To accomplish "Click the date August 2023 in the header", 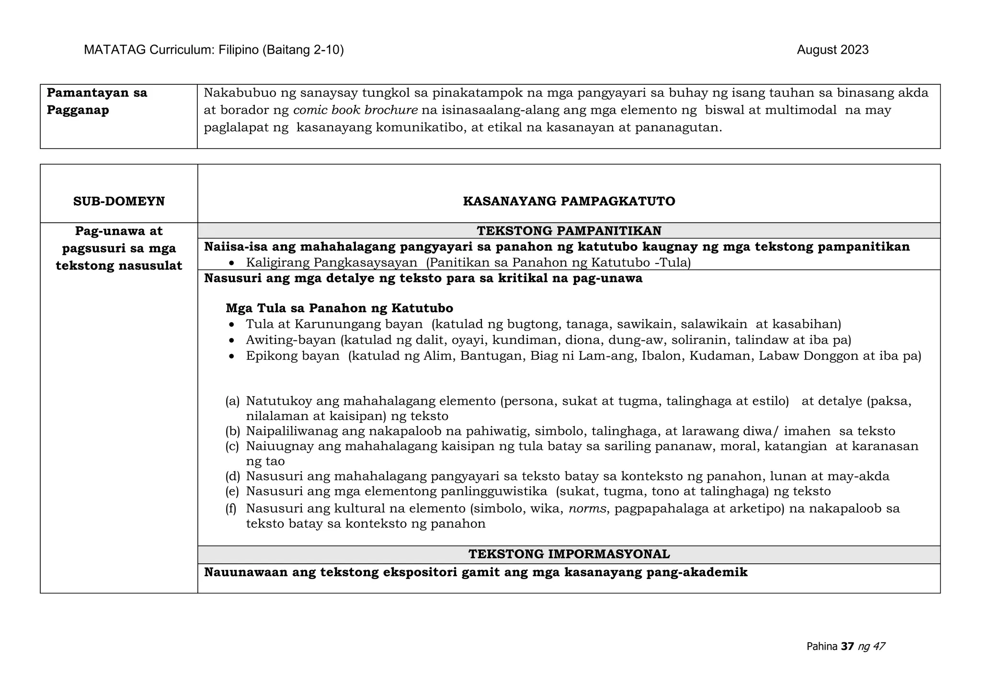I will click(x=833, y=50).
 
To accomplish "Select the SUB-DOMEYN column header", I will click(x=119, y=201).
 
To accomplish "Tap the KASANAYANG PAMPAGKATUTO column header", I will click(x=569, y=201).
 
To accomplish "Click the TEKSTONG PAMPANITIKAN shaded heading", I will click(x=569, y=231).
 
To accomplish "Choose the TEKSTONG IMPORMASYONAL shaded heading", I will click(x=569, y=554).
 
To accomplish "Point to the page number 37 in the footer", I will click(x=847, y=647).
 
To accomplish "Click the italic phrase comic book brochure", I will click(x=355, y=110).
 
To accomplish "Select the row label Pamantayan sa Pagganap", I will click(x=97, y=102).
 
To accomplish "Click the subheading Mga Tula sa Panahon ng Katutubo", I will click(x=339, y=307).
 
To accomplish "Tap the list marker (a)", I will click(x=232, y=401).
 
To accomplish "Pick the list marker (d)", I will click(x=232, y=476).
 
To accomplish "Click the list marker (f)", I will click(x=231, y=508).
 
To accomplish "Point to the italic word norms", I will click(x=587, y=508).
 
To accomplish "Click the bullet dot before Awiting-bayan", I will click(x=232, y=341).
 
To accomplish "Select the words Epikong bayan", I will click(x=293, y=356).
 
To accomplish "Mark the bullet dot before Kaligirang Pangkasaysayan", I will click(x=232, y=263).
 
